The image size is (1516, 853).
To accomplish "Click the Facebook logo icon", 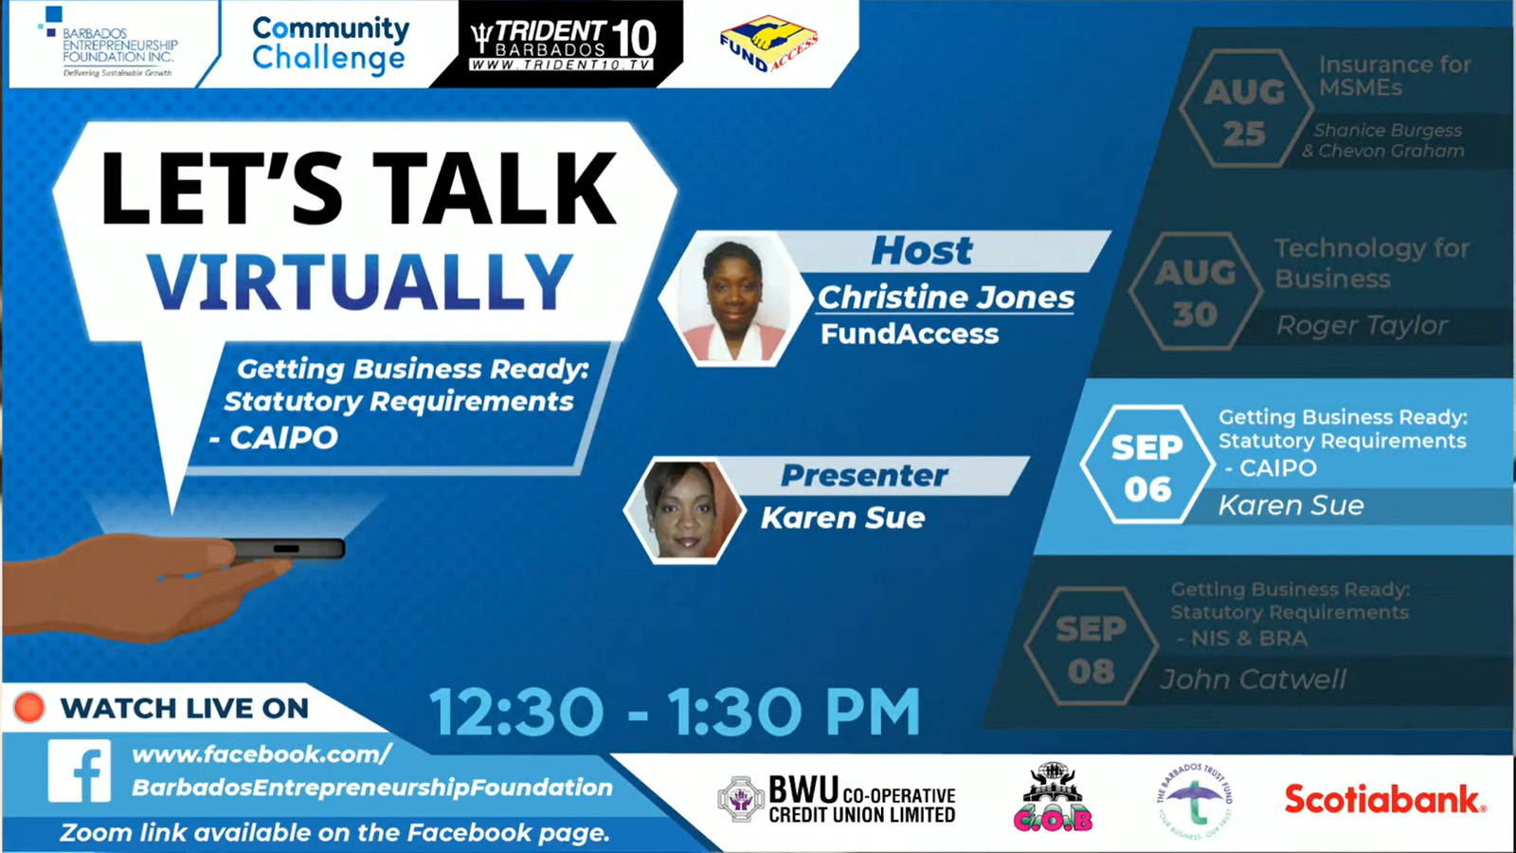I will click(80, 771).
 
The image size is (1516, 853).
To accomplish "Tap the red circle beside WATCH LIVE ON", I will click(29, 707).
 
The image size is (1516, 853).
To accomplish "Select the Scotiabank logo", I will click(1384, 799).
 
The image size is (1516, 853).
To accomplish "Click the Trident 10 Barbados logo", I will click(563, 44).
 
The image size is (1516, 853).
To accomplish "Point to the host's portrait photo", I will click(734, 299).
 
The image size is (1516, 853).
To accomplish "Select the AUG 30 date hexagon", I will click(1195, 293).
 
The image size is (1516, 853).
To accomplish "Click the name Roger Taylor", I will click(1362, 325).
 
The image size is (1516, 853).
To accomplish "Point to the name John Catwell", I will click(1253, 679).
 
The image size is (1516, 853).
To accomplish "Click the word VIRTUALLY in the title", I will click(359, 281).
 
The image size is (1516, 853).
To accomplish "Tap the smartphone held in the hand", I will click(285, 549).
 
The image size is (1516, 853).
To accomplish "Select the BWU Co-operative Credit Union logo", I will click(837, 799).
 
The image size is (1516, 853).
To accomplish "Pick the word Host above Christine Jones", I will click(921, 251).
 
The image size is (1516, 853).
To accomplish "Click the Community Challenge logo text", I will click(330, 44).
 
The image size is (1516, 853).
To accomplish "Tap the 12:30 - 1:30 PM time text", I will click(675, 712).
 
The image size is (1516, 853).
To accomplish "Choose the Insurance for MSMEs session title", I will click(1394, 76).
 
